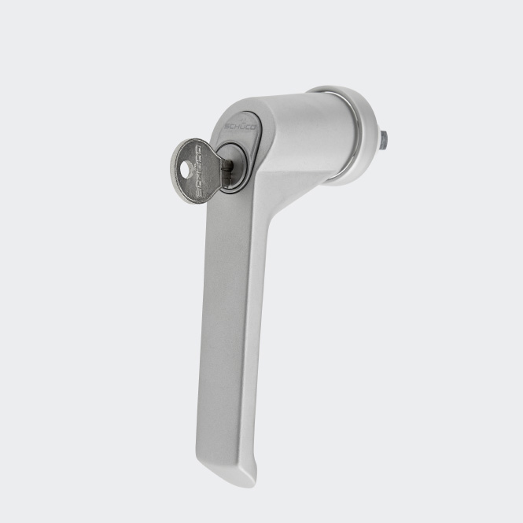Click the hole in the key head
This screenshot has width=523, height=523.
(185, 168)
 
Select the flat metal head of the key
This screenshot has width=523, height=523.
(193, 171)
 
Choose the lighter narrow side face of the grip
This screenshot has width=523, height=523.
(252, 330)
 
